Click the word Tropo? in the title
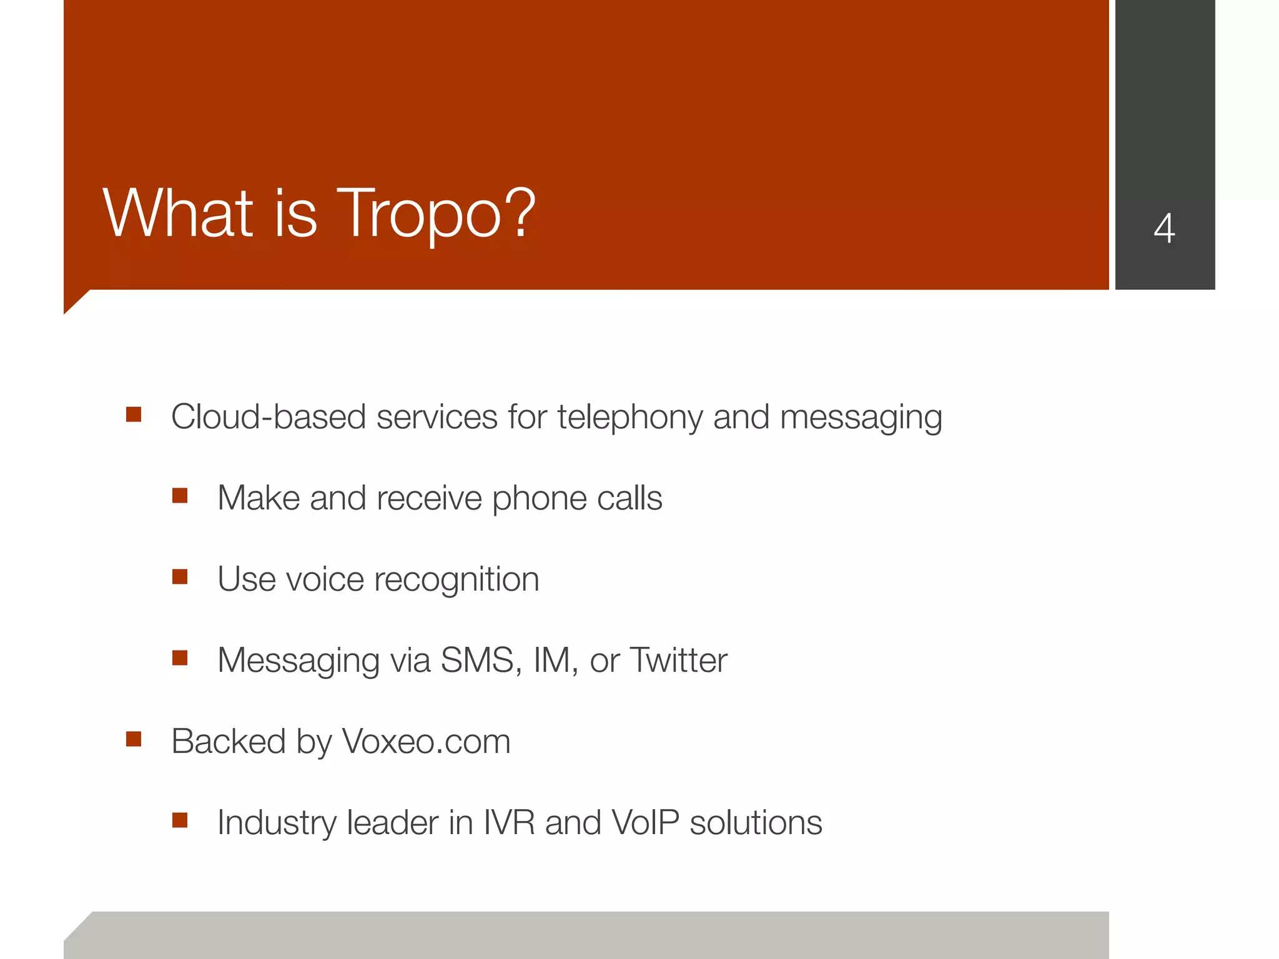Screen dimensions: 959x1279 tap(436, 214)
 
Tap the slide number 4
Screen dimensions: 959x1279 tap(1164, 229)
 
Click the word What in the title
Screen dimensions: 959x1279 tap(178, 214)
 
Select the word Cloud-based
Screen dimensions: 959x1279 tap(269, 417)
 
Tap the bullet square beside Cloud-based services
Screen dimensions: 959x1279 tap(134, 415)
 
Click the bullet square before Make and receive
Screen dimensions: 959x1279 tap(180, 496)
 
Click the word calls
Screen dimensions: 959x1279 tap(629, 498)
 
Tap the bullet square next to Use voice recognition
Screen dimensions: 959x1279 tap(180, 577)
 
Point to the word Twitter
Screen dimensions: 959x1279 tap(679, 661)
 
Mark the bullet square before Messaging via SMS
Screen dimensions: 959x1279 tap(180, 658)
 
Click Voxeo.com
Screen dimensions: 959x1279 tap(427, 742)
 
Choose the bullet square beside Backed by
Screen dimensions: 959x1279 tap(134, 739)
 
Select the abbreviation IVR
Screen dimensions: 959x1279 tap(509, 823)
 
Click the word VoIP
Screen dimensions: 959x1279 tap(645, 823)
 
